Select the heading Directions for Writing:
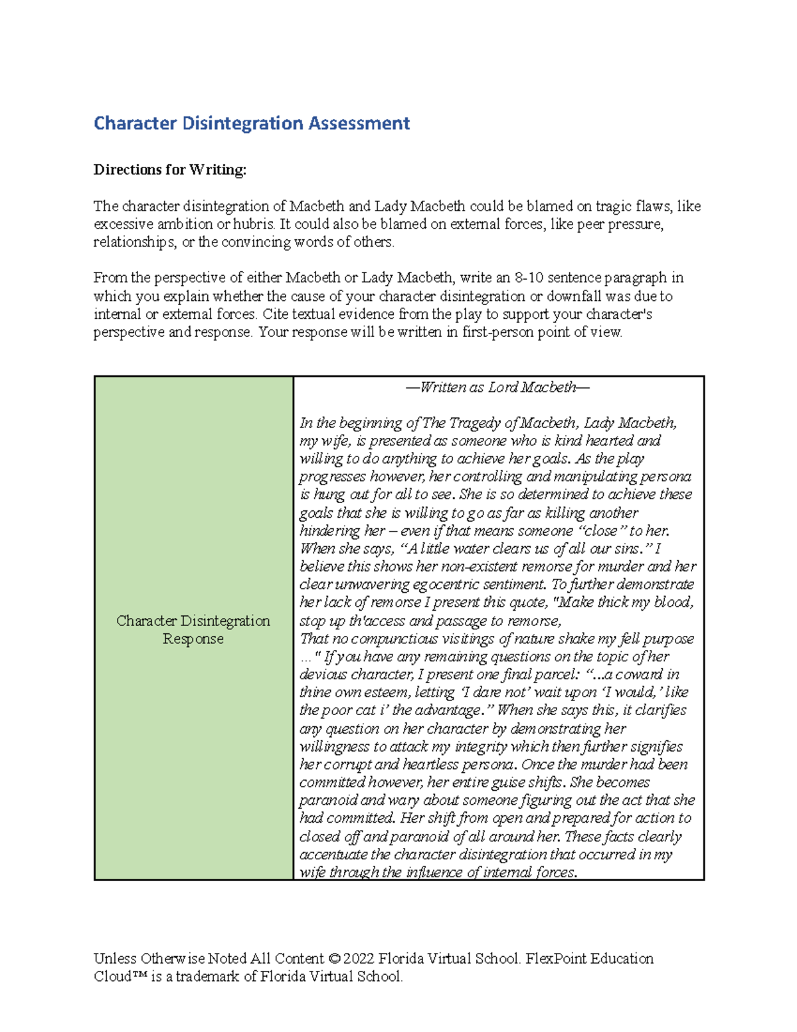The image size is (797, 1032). click(x=169, y=170)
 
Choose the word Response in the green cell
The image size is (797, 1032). click(x=193, y=639)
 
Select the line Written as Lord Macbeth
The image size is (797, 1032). click(x=497, y=387)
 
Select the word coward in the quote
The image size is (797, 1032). click(x=636, y=675)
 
